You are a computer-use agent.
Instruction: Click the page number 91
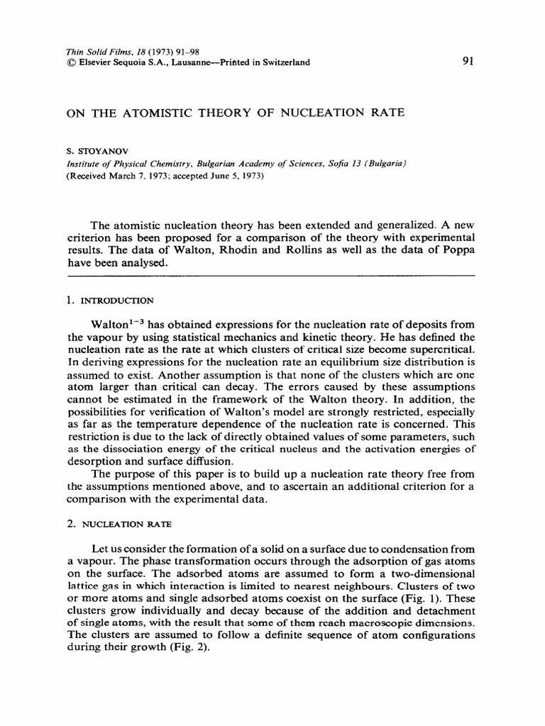click(468, 62)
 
